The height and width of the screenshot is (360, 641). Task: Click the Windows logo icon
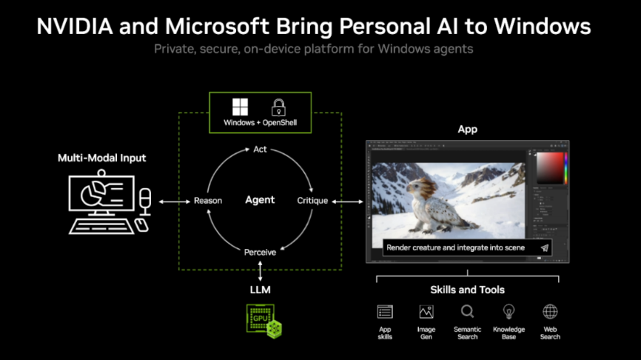[240, 107]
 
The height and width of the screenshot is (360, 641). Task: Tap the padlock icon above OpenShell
[278, 107]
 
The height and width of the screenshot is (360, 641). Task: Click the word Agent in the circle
[260, 200]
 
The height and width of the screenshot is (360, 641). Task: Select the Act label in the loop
[260, 150]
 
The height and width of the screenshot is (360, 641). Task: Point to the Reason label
[208, 201]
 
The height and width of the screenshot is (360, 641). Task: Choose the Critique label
[312, 201]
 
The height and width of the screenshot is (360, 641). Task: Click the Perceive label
[260, 252]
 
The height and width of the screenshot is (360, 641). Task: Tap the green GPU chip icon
[264, 321]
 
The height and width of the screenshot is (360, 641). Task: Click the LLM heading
[260, 290]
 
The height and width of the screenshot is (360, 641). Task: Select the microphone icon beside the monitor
[145, 201]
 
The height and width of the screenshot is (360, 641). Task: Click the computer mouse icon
[141, 225]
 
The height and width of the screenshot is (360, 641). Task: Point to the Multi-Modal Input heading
[102, 158]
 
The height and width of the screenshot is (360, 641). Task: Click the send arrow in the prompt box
[544, 247]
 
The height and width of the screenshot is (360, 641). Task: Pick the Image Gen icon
[426, 312]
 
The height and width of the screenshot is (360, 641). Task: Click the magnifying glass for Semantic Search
[467, 312]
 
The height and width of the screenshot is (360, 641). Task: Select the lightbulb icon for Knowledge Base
[509, 312]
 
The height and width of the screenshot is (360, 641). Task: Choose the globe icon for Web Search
[550, 312]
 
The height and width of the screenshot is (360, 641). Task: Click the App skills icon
[385, 312]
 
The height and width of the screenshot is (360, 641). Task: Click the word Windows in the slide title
[542, 26]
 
